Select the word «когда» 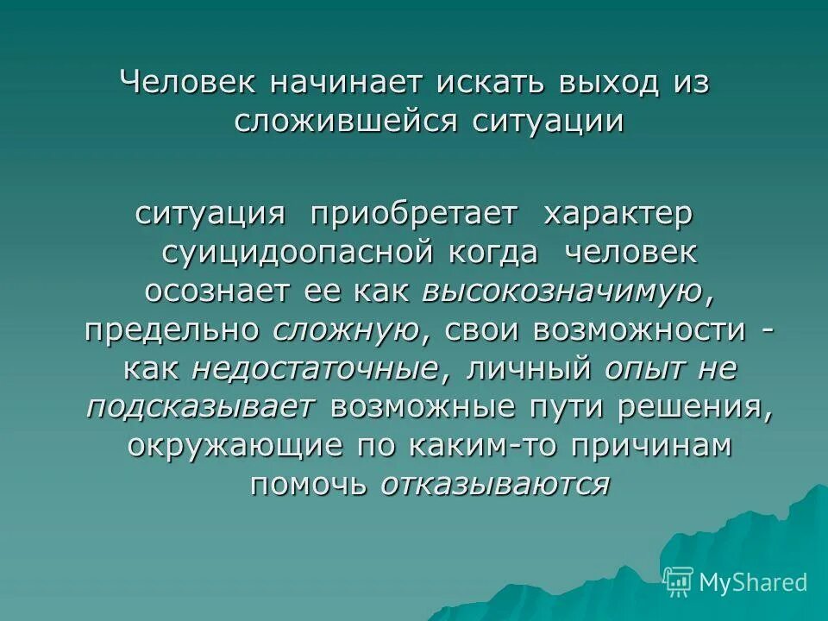tap(492, 253)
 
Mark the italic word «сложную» tap(347, 329)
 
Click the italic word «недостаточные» tap(315, 368)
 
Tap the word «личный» tap(521, 368)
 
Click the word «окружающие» tap(224, 446)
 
